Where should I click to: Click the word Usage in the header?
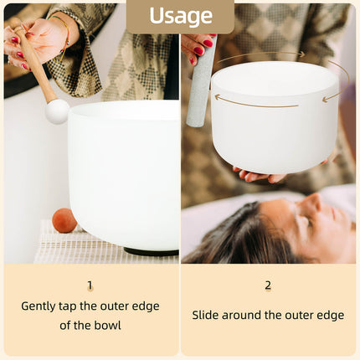(180, 16)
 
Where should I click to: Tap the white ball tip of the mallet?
(57, 111)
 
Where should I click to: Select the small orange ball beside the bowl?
(64, 220)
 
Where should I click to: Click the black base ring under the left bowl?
(151, 251)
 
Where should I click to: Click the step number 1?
(90, 285)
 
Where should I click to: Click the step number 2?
(268, 285)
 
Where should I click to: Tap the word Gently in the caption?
(41, 306)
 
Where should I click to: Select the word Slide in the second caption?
(207, 316)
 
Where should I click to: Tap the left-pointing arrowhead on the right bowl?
(217, 97)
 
